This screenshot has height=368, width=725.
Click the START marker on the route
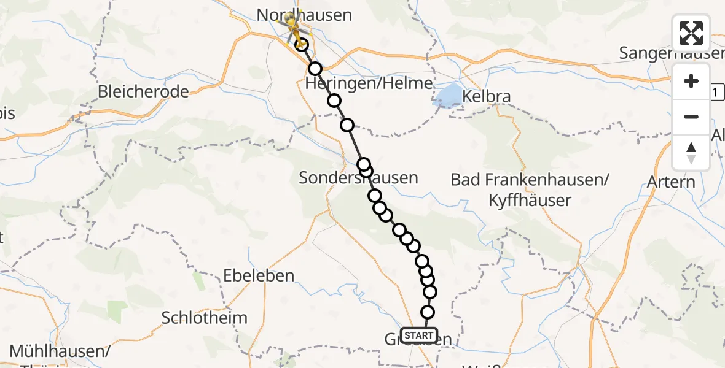(x=418, y=335)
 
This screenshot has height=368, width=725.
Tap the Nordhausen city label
(x=304, y=14)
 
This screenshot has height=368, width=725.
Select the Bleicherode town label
(x=144, y=92)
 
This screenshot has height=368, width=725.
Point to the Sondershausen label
(x=358, y=178)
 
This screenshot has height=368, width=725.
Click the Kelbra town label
(x=487, y=96)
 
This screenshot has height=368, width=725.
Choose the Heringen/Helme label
(x=369, y=83)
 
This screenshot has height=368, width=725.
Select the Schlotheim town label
(x=205, y=318)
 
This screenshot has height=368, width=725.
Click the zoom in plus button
(x=691, y=81)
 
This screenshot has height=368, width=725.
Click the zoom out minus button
(x=691, y=117)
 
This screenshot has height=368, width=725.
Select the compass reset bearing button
(x=691, y=152)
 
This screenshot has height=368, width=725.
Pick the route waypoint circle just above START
(x=428, y=312)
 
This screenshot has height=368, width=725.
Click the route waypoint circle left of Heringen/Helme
(x=315, y=69)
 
